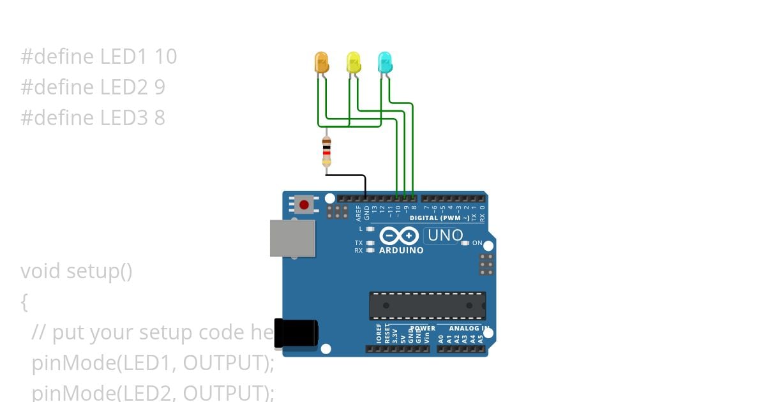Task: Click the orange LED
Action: pyautogui.click(x=322, y=62)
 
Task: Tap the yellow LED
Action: pyautogui.click(x=353, y=62)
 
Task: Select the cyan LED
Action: pyautogui.click(x=384, y=62)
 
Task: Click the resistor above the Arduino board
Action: pyautogui.click(x=327, y=153)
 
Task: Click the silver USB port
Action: pyautogui.click(x=292, y=239)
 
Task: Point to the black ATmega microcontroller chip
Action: pyautogui.click(x=427, y=306)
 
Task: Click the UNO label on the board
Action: pyautogui.click(x=445, y=235)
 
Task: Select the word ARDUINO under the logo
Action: pyautogui.click(x=401, y=251)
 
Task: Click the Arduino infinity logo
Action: pyautogui.click(x=400, y=236)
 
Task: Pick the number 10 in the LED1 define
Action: pyautogui.click(x=165, y=57)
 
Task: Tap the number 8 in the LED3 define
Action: pyautogui.click(x=160, y=118)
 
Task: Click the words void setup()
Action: pyautogui.click(x=77, y=271)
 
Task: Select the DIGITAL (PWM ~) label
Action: pyautogui.click(x=439, y=218)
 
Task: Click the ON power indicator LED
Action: pyautogui.click(x=465, y=243)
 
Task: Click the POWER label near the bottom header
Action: pyautogui.click(x=422, y=329)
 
